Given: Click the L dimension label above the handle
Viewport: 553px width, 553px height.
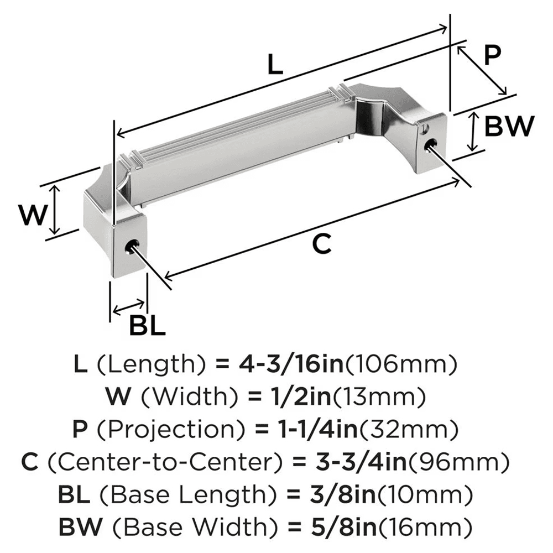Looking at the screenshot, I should click(x=274, y=65).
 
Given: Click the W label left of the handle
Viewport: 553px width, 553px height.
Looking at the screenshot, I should click(x=31, y=215).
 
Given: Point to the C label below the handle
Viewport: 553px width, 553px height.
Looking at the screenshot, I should click(x=321, y=243).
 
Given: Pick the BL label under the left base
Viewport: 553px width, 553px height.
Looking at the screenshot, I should click(x=147, y=326).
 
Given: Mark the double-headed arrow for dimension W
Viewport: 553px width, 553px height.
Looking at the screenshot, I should click(x=54, y=210).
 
